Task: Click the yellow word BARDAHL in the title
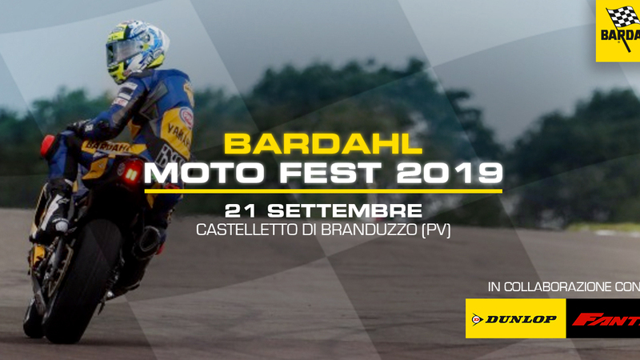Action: point(322,144)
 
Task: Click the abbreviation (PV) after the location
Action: point(435,231)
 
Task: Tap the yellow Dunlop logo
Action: point(515,319)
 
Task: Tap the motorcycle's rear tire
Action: point(76,280)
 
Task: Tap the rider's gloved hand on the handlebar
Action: point(79,128)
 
